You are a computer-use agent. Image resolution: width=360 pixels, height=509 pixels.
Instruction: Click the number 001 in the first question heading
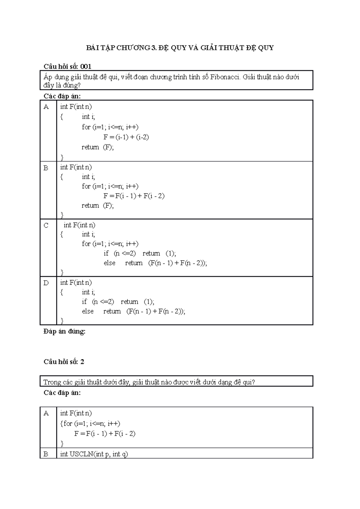(85, 66)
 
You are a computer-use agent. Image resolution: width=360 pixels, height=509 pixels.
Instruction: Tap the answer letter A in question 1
(46, 107)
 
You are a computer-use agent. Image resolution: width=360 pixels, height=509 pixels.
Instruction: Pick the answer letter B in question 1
(46, 168)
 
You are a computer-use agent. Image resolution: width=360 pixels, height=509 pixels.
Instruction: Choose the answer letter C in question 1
(46, 225)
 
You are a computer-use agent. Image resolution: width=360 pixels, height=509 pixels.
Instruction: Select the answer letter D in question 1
(46, 283)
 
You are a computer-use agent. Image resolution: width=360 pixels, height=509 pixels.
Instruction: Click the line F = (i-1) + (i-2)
(126, 137)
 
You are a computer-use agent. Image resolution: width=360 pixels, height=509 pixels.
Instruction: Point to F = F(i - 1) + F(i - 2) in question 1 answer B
(134, 196)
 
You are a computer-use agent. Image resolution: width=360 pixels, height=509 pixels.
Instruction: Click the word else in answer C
(109, 263)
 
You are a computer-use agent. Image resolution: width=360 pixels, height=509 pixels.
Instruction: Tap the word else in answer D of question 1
(88, 311)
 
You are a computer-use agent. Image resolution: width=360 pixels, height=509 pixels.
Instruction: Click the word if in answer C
(106, 253)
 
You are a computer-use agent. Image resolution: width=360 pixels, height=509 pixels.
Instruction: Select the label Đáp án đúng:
(64, 332)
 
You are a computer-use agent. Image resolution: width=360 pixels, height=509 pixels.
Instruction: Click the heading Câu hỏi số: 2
(64, 362)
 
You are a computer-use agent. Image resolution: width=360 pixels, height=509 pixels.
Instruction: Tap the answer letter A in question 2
(46, 413)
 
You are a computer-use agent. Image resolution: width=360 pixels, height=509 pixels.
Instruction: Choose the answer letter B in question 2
(46, 454)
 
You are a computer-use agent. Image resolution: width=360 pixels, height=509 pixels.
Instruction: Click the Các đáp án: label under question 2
(62, 393)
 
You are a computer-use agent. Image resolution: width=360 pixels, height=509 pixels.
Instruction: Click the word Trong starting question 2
(52, 382)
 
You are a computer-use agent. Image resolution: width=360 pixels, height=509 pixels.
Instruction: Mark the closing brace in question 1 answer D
(62, 321)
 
